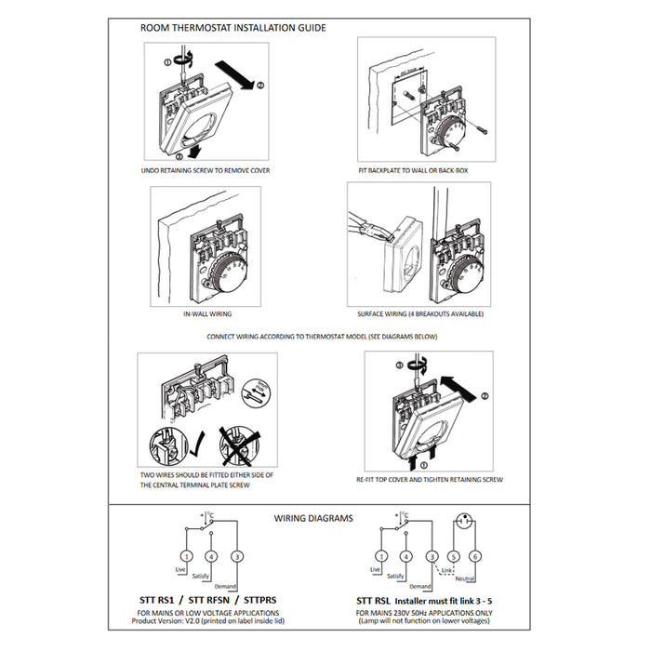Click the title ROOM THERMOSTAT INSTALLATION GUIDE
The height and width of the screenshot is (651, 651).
click(232, 28)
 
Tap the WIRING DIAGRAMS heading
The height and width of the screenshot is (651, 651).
click(312, 518)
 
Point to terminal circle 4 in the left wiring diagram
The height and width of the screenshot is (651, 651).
click(212, 555)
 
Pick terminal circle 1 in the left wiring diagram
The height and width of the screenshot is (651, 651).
click(187, 555)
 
